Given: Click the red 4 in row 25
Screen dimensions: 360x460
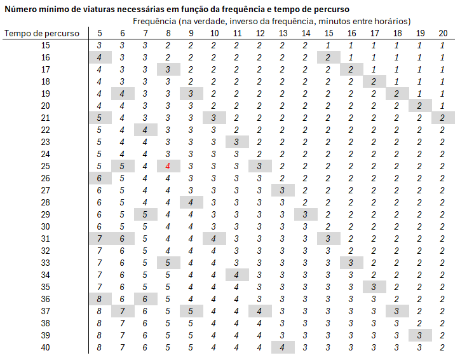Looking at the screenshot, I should point(168,166).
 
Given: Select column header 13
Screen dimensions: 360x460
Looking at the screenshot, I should point(283,33).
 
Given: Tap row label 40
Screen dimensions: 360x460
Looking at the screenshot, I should point(45,347).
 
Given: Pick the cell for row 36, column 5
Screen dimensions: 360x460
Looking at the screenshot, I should point(100,299).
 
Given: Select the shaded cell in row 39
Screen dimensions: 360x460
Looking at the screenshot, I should point(419,335).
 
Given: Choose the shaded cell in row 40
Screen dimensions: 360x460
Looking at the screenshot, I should point(283,347).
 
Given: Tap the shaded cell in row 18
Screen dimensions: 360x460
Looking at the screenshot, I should point(374,81).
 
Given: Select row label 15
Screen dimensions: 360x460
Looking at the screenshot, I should point(45,45).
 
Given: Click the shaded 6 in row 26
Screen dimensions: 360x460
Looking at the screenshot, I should point(100,178).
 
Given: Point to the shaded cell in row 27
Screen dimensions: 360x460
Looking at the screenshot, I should point(283,190).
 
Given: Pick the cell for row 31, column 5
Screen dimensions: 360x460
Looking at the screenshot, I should point(100,239).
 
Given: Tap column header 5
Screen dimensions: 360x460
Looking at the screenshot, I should point(100,33).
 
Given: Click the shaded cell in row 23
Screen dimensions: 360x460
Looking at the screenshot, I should point(237,142).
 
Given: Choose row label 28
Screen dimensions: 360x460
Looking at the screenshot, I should point(45,202).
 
